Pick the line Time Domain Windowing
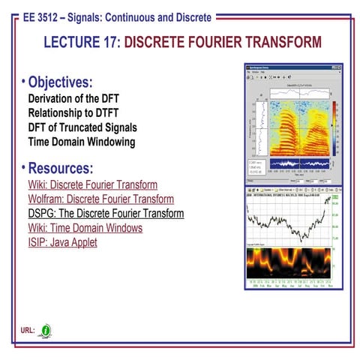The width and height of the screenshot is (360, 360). point(81,141)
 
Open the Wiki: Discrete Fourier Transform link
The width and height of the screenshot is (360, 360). point(92,184)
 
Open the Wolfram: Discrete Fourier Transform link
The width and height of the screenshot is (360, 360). point(100,199)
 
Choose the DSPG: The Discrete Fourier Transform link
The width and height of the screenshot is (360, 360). point(106,213)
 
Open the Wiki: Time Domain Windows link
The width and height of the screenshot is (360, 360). point(85,227)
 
